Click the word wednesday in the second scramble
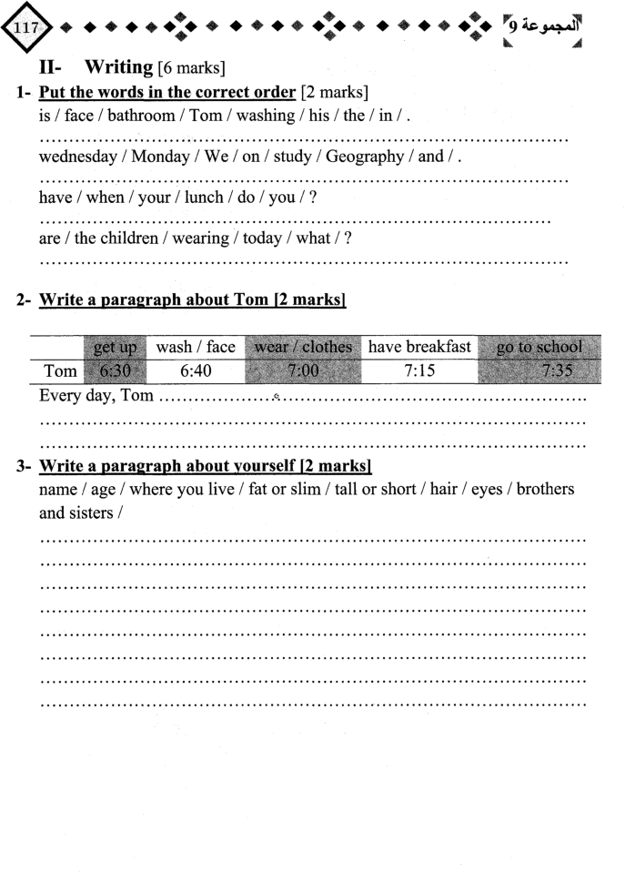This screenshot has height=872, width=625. (79, 157)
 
